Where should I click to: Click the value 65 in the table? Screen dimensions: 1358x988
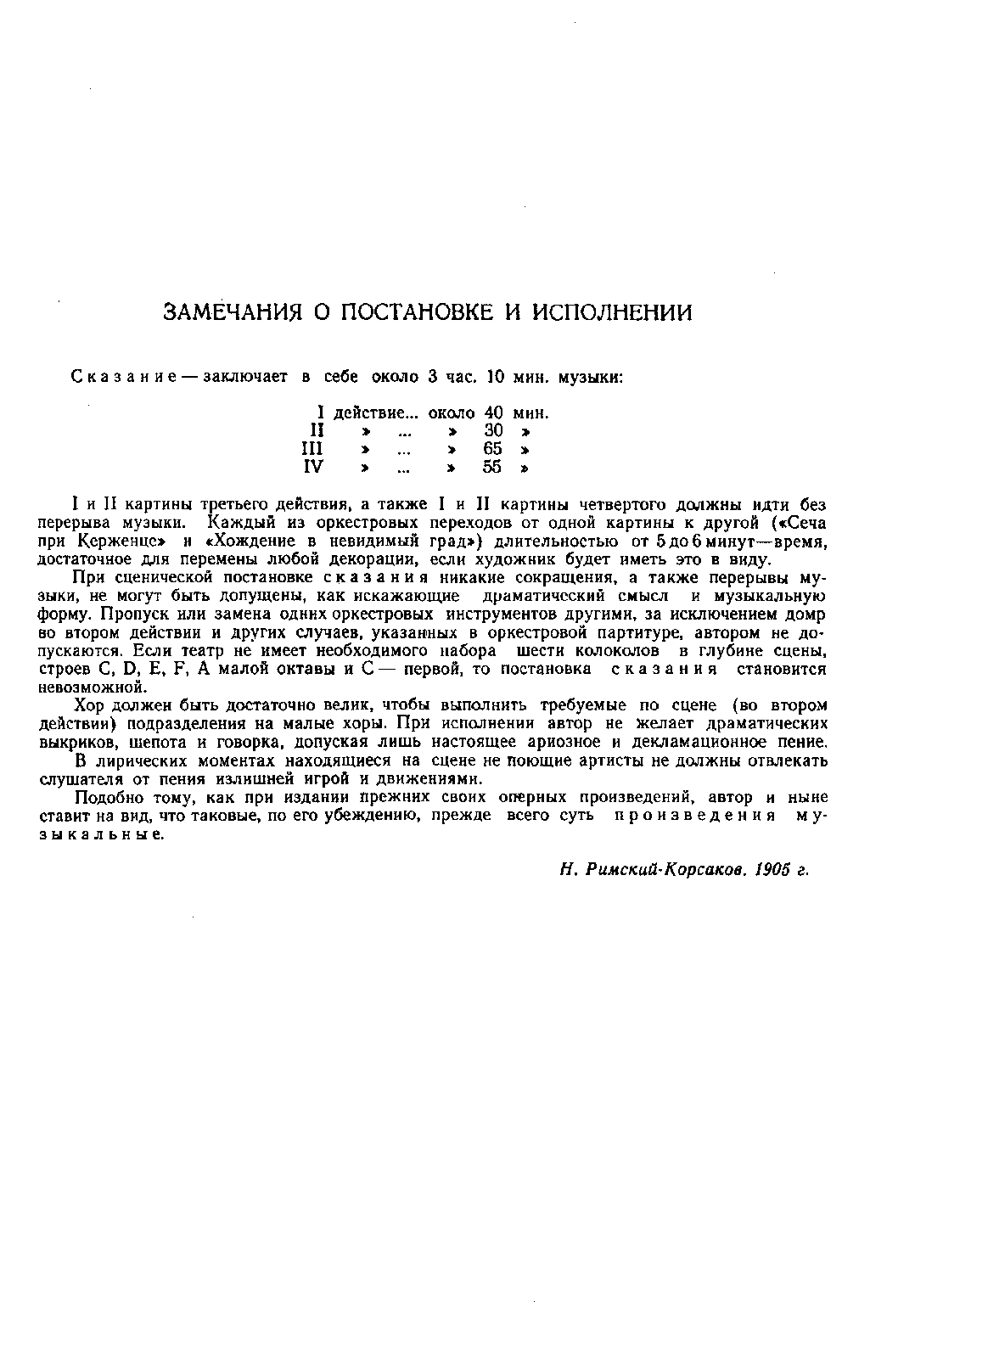(x=493, y=449)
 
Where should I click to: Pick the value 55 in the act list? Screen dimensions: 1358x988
(x=493, y=468)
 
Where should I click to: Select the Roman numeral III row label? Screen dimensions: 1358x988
(x=313, y=449)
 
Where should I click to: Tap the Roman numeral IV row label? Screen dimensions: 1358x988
(x=314, y=468)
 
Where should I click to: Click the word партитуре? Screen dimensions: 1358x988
(x=636, y=633)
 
